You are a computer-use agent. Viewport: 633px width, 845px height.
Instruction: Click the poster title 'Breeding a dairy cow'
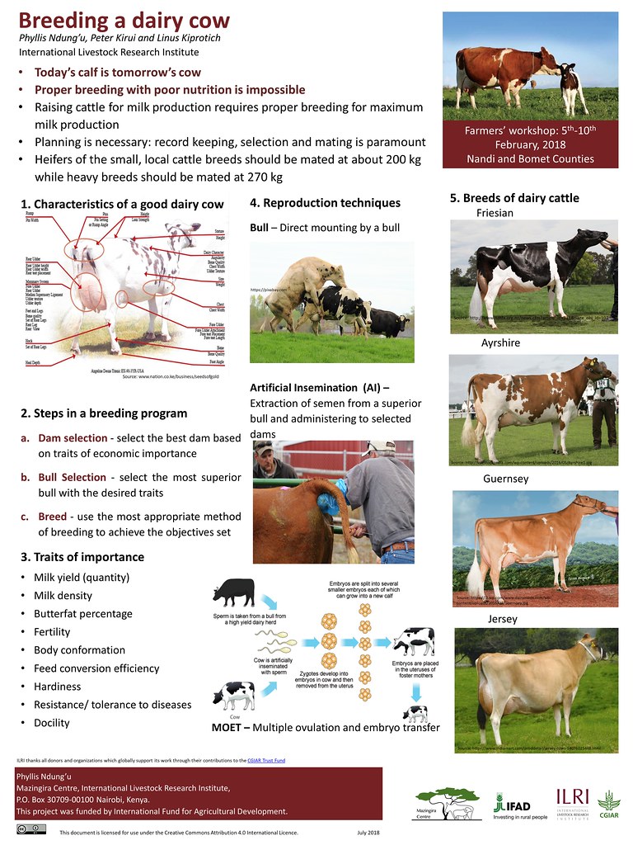tap(124, 20)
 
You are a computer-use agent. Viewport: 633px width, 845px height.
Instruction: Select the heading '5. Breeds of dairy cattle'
tap(514, 198)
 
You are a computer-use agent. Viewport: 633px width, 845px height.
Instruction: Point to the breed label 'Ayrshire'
tap(500, 342)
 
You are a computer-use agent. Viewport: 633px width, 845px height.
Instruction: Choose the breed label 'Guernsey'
tap(505, 479)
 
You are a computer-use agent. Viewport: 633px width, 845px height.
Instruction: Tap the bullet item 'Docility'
tap(52, 723)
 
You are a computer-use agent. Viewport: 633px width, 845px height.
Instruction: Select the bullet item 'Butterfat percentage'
tap(82, 614)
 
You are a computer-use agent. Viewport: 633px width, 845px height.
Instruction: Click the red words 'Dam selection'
tap(73, 437)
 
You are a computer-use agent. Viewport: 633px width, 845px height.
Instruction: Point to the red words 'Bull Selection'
tap(72, 477)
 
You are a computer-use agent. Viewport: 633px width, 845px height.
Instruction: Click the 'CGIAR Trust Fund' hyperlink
tap(266, 760)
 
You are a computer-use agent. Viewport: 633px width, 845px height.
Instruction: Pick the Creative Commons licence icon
tap(30, 832)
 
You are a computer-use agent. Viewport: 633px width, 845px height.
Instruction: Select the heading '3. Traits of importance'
tap(82, 557)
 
